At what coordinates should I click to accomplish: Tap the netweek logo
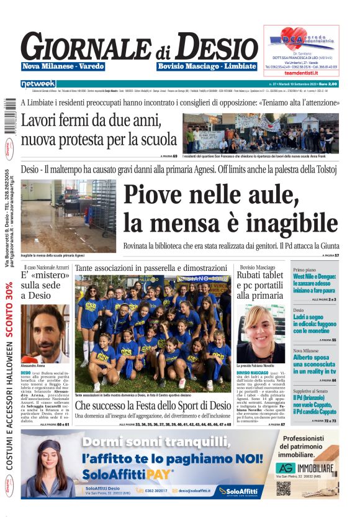click(38, 83)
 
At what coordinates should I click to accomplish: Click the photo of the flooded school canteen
click(68, 215)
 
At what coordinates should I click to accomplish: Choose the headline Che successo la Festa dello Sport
click(152, 406)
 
